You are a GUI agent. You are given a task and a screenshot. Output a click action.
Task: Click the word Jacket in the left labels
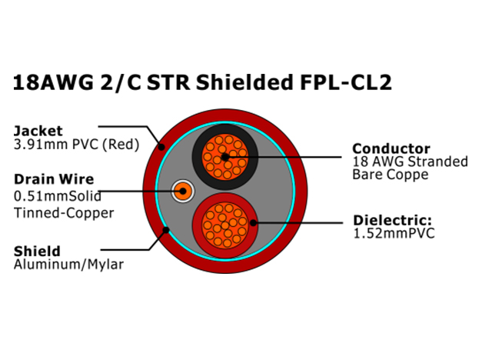pos(38,131)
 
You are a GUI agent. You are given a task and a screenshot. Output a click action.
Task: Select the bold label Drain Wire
pos(54,179)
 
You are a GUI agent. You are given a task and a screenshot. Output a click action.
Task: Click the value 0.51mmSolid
pos(58,196)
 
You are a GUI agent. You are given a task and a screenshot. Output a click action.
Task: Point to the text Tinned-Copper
pos(64,213)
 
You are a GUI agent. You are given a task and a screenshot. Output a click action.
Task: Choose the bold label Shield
pos(37,252)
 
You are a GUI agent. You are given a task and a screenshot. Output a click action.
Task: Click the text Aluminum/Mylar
pos(68,265)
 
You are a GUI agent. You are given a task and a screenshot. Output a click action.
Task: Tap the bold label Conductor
pos(391,148)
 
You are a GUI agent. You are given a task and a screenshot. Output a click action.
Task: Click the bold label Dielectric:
pos(393,220)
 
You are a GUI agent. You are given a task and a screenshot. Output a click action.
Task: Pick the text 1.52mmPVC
pos(394,233)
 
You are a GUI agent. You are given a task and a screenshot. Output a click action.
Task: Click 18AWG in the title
pos(53,82)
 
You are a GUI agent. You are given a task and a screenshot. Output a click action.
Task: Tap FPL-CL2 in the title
pos(346,82)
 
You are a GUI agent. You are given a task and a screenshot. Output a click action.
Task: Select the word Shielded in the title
pos(244,82)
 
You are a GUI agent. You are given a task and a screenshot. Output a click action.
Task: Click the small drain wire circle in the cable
pos(183,191)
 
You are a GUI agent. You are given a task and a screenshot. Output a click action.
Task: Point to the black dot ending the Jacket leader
pos(161,147)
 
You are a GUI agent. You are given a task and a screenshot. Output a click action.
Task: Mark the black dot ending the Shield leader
pos(166,230)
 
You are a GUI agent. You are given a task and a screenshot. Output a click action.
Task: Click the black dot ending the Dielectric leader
pos(253,222)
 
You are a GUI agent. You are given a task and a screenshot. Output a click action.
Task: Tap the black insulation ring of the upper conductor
pos(197,157)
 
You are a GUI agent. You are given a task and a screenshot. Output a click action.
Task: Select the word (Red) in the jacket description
pos(121,145)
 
